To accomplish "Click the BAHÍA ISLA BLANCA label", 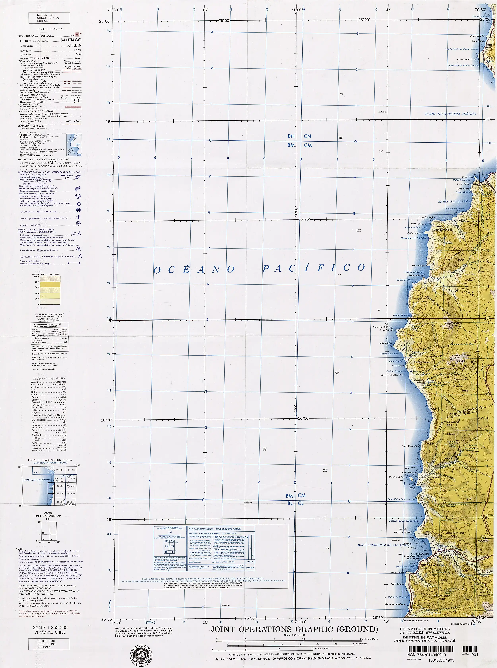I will [454, 202].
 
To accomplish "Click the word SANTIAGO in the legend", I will [71, 40].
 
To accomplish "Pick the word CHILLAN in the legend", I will [75, 46].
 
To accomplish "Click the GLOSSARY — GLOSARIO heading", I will [49, 378].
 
